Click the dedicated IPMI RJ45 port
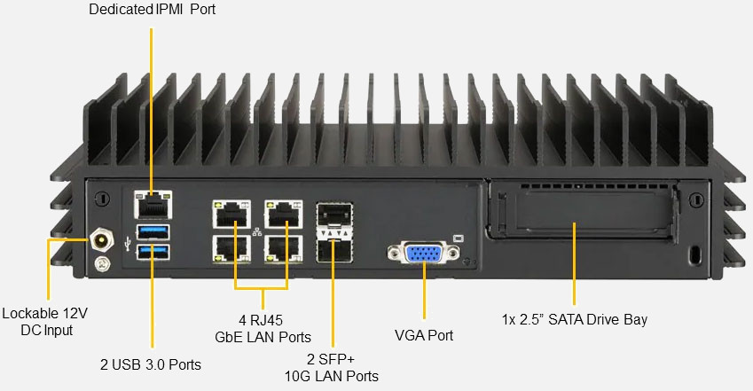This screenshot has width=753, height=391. click(151, 204)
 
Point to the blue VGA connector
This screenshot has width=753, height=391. click(424, 254)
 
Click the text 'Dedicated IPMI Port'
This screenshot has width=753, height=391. click(152, 10)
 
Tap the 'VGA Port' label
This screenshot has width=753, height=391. click(424, 335)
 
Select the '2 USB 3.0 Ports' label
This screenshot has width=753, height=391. click(151, 364)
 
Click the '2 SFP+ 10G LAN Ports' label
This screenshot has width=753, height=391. click(332, 368)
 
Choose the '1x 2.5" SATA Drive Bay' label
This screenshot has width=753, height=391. click(575, 319)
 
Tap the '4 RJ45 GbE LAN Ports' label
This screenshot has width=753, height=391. click(263, 328)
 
